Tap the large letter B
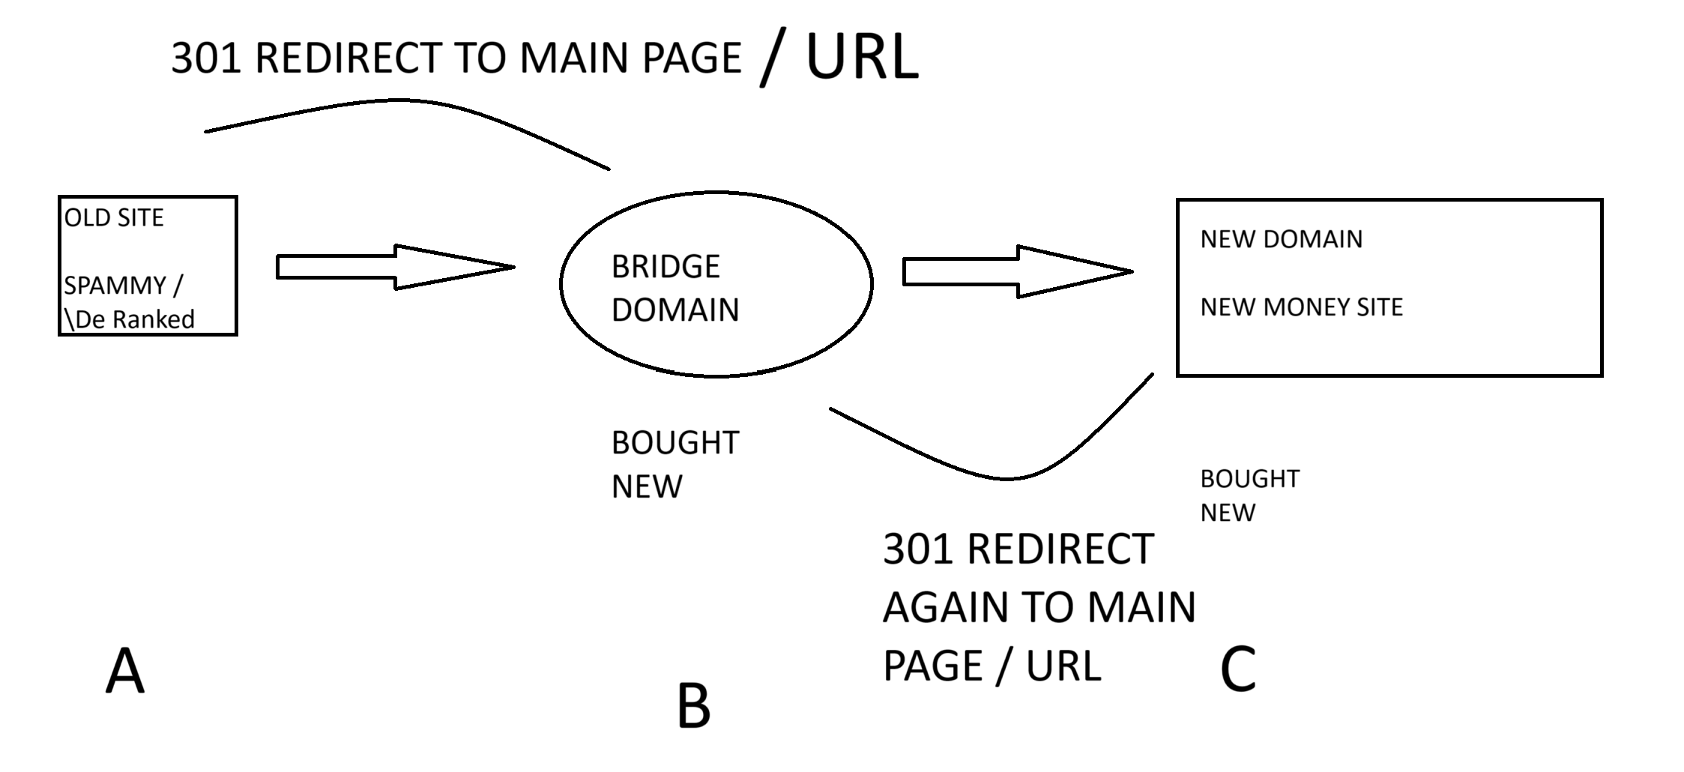click(693, 706)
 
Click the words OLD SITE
click(114, 217)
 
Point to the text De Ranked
click(135, 319)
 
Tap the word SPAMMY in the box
click(115, 285)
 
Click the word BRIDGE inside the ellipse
click(666, 266)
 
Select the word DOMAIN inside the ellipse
click(675, 310)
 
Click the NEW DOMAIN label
click(1282, 239)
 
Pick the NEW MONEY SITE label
click(1302, 307)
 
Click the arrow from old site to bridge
click(396, 267)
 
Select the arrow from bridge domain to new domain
click(1018, 271)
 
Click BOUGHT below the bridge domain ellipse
click(675, 443)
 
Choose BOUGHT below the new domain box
click(1250, 478)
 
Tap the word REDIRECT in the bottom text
click(1060, 549)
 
